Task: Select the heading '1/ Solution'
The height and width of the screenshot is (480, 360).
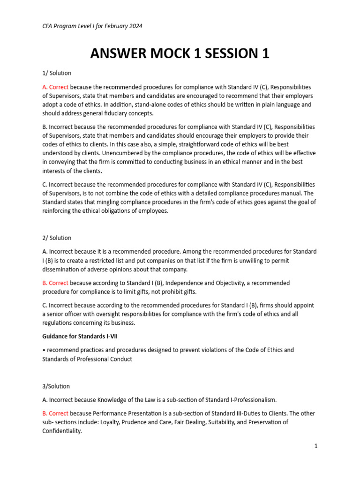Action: tap(57, 73)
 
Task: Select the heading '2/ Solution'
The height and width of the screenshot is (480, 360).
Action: tap(57, 238)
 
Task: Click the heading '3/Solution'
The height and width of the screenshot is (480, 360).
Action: tap(56, 386)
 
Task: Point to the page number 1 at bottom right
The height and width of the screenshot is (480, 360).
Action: tap(316, 446)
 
